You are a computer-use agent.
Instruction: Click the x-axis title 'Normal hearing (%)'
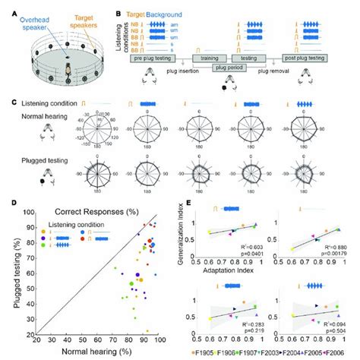coord(97,352)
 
